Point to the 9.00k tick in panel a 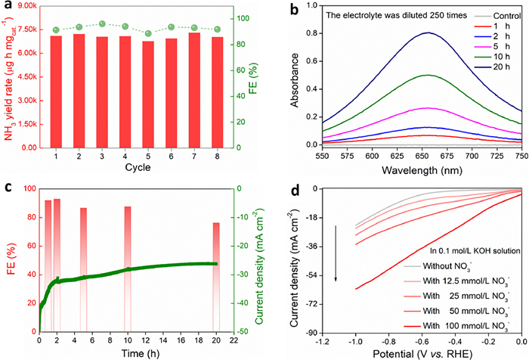tap(29, 6)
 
